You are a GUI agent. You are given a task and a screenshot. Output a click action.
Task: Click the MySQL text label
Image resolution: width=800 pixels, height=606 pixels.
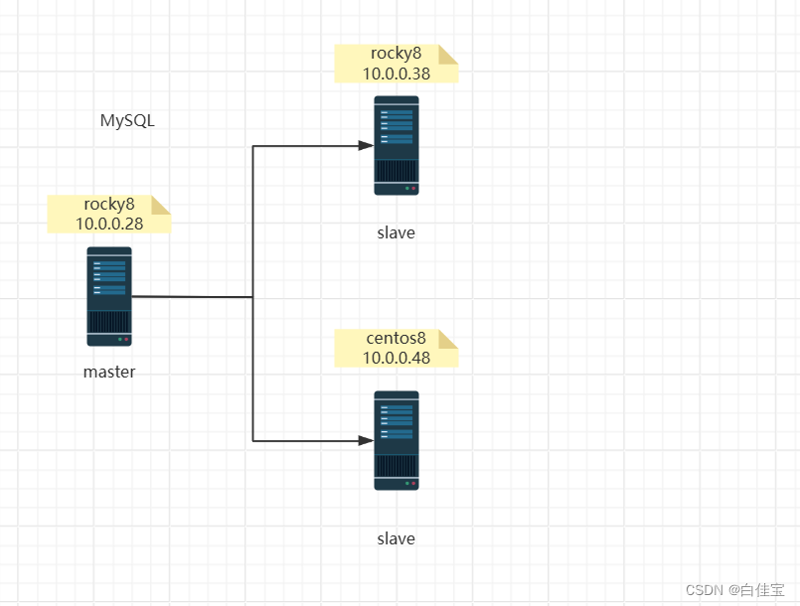[127, 121]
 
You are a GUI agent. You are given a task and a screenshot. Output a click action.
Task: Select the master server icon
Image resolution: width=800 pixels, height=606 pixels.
[109, 296]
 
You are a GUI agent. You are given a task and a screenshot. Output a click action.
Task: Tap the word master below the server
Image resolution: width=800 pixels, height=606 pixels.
[109, 373]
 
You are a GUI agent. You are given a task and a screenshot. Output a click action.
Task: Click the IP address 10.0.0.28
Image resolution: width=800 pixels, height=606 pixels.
[109, 224]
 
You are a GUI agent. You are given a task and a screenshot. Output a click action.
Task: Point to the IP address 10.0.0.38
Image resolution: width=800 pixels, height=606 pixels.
[397, 73]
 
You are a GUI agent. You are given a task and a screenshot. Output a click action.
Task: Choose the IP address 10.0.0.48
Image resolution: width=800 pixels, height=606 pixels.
[397, 358]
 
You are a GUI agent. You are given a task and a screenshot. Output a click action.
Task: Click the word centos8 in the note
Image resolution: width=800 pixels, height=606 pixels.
[397, 339]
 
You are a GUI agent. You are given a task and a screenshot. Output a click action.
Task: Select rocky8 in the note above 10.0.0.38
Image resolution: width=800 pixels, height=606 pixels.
[397, 54]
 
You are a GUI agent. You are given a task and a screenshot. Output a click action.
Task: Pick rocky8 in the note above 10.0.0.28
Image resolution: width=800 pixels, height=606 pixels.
[109, 205]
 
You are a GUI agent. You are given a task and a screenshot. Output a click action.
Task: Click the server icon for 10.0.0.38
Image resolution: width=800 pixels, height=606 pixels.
[397, 145]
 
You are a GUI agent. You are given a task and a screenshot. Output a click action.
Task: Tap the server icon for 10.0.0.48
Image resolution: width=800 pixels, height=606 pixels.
[397, 440]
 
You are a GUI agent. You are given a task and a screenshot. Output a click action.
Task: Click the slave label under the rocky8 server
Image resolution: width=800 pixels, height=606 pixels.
[397, 233]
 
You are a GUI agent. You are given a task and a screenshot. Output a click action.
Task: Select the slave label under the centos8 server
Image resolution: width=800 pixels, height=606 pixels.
[397, 538]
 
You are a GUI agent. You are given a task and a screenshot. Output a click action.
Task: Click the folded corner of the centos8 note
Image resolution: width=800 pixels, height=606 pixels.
[449, 338]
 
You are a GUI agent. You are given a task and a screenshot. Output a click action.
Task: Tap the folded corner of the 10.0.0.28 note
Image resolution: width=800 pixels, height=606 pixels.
[162, 204]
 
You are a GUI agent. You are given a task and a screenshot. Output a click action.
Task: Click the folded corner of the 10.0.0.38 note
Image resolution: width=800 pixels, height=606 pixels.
[449, 53]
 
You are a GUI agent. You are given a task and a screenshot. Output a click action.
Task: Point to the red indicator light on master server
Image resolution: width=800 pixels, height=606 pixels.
[126, 340]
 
